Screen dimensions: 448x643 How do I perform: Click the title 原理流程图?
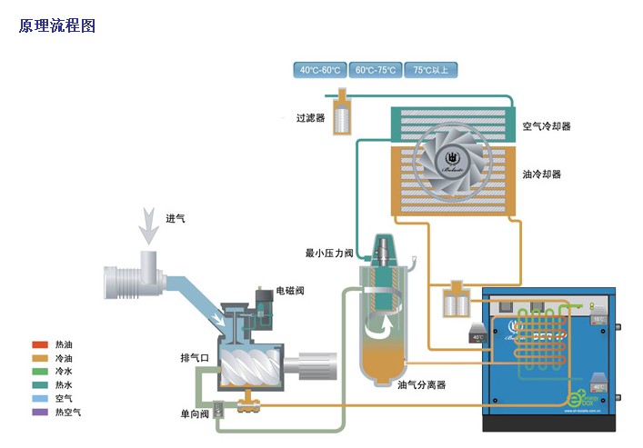pos(57,25)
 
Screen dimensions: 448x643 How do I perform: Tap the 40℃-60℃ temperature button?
pos(320,70)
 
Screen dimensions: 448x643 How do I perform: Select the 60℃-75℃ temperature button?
pos(376,70)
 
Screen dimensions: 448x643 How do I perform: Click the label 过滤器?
pos(310,117)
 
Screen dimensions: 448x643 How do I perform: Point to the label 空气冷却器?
pos(547,126)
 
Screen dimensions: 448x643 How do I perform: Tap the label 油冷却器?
pos(541,174)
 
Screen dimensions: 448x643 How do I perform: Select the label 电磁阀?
pos(290,291)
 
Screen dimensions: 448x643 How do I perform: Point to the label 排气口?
pos(196,358)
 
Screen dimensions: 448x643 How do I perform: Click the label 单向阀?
pos(196,414)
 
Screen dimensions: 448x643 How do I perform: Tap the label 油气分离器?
pos(422,384)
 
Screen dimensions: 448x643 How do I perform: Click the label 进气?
pos(176,218)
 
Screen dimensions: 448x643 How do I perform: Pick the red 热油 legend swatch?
pos(39,344)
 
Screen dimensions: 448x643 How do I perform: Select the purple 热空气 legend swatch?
pos(39,412)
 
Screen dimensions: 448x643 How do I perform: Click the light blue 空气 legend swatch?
pos(39,398)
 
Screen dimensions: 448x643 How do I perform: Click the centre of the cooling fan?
pos(452,157)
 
